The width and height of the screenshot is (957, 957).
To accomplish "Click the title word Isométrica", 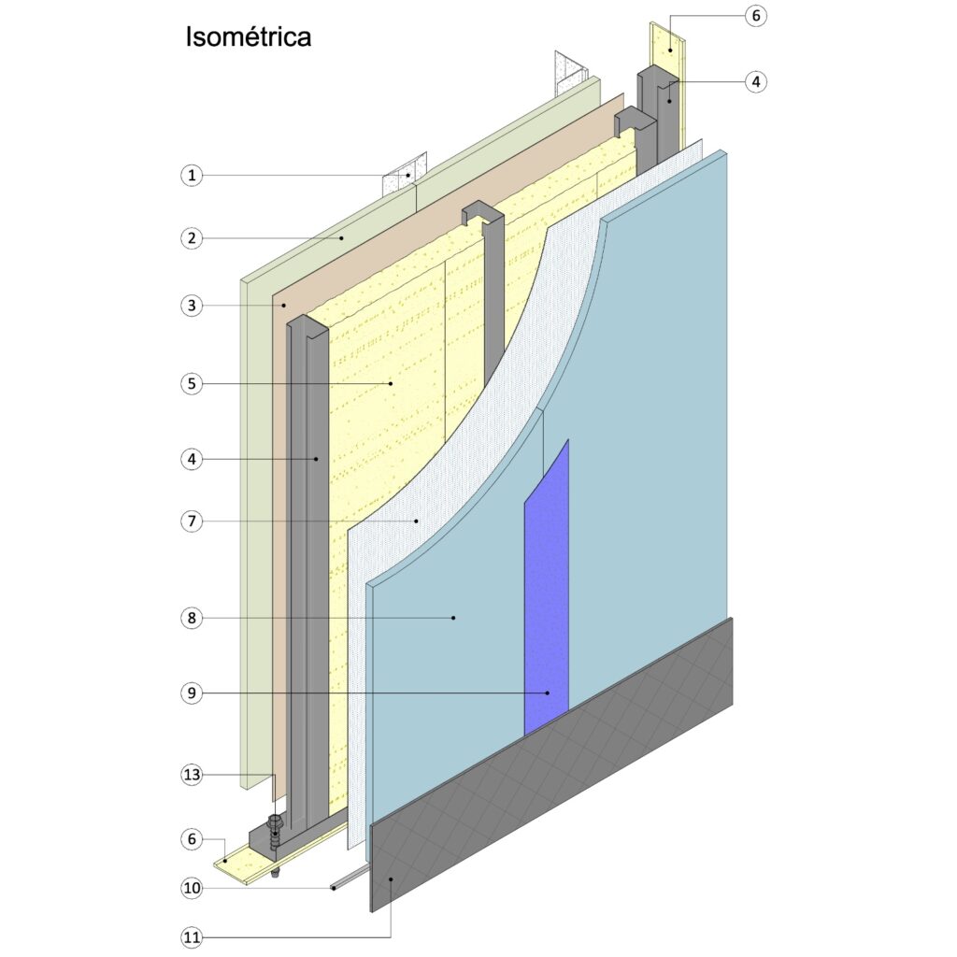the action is pyautogui.click(x=249, y=36).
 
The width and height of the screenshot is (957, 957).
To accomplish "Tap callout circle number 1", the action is pyautogui.click(x=192, y=176).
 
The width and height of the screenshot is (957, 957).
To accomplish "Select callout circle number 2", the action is pyautogui.click(x=192, y=238).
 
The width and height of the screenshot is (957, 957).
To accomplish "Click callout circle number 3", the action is pyautogui.click(x=192, y=306).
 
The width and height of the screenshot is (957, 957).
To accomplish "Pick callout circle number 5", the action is pyautogui.click(x=192, y=384).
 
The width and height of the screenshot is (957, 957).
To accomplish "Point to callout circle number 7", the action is pyautogui.click(x=192, y=521).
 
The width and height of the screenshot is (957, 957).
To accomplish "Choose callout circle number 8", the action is pyautogui.click(x=192, y=619).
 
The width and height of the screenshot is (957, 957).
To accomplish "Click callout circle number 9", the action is pyautogui.click(x=192, y=693).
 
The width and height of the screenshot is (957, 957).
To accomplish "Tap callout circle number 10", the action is pyautogui.click(x=192, y=888).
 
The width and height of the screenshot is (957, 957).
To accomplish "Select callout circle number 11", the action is pyautogui.click(x=192, y=936).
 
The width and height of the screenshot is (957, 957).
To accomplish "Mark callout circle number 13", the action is pyautogui.click(x=192, y=775).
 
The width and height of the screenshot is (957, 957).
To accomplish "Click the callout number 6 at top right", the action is pyautogui.click(x=756, y=16).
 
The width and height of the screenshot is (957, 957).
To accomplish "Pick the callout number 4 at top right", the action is pyautogui.click(x=756, y=82).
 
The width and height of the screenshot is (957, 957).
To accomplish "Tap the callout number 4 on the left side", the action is pyautogui.click(x=192, y=459).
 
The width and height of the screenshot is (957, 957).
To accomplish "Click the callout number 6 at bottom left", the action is pyautogui.click(x=192, y=839).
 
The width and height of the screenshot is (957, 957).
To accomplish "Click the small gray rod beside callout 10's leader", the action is pyautogui.click(x=350, y=877).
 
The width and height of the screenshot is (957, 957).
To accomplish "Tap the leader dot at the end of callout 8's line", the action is pyautogui.click(x=453, y=619).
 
